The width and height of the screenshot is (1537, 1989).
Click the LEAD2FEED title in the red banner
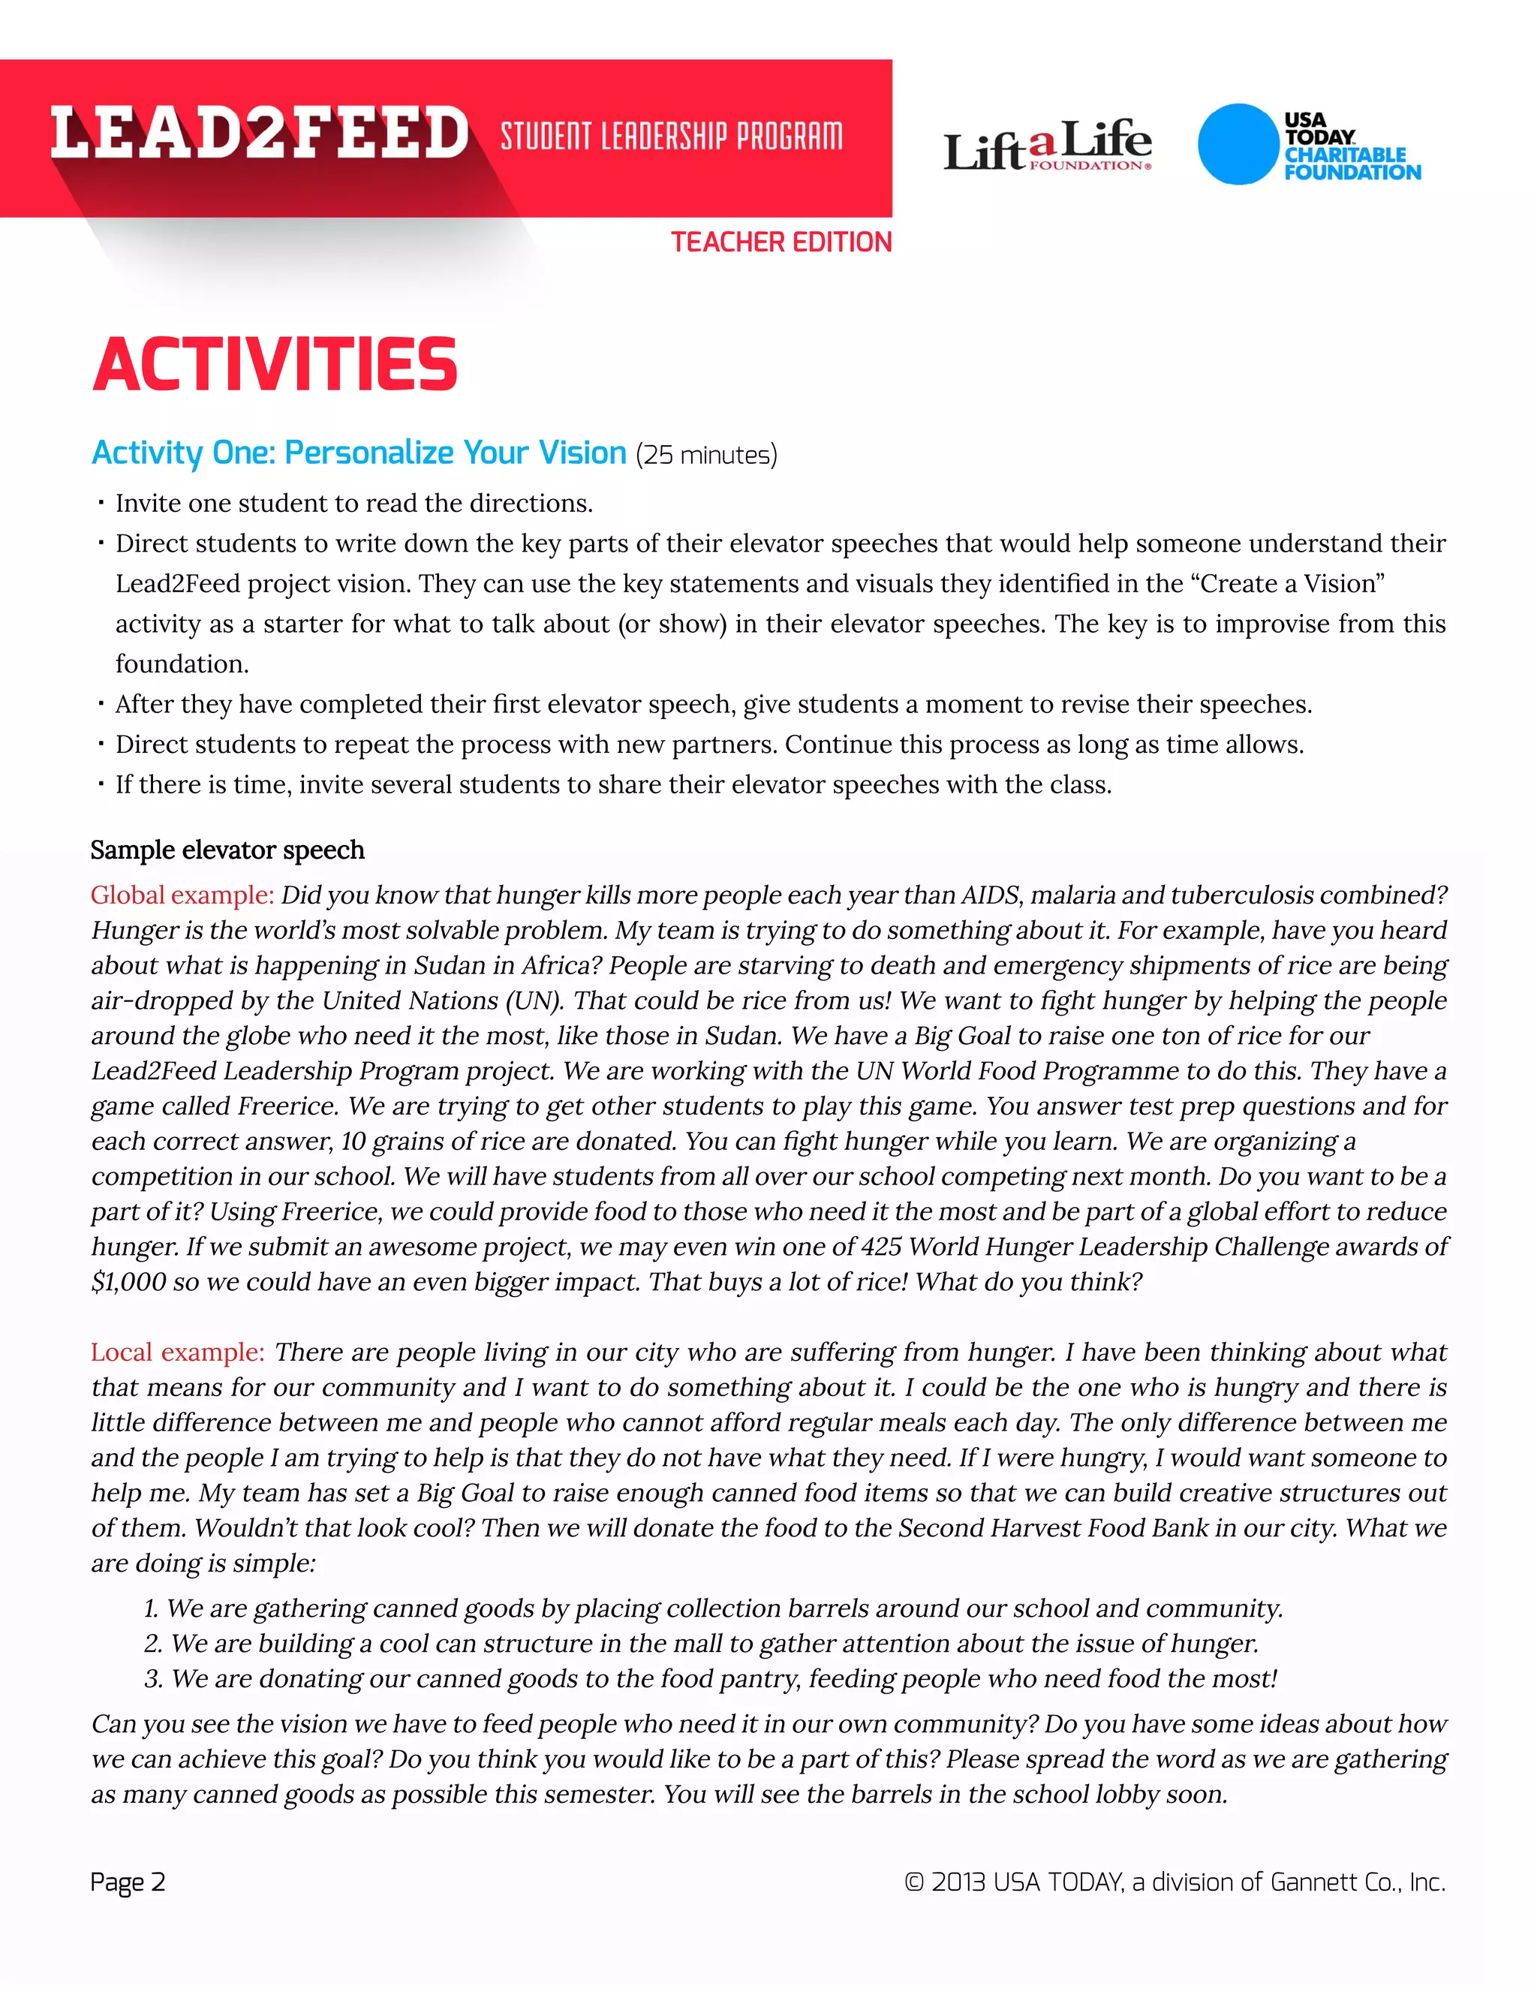point(259,133)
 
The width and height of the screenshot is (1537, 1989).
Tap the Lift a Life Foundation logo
point(1047,146)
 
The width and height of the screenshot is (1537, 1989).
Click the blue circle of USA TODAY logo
point(1237,144)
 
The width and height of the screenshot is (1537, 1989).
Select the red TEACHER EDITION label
point(781,242)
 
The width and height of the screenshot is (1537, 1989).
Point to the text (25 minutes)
point(705,454)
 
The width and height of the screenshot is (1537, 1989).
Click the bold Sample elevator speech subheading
point(227,850)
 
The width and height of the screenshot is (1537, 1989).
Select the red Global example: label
point(181,895)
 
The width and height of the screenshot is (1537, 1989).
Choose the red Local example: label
point(178,1352)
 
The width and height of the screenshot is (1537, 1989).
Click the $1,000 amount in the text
point(128,1281)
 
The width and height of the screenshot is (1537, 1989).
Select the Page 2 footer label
point(128,1882)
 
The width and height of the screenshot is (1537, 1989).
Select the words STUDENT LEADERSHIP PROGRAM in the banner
point(671,137)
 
